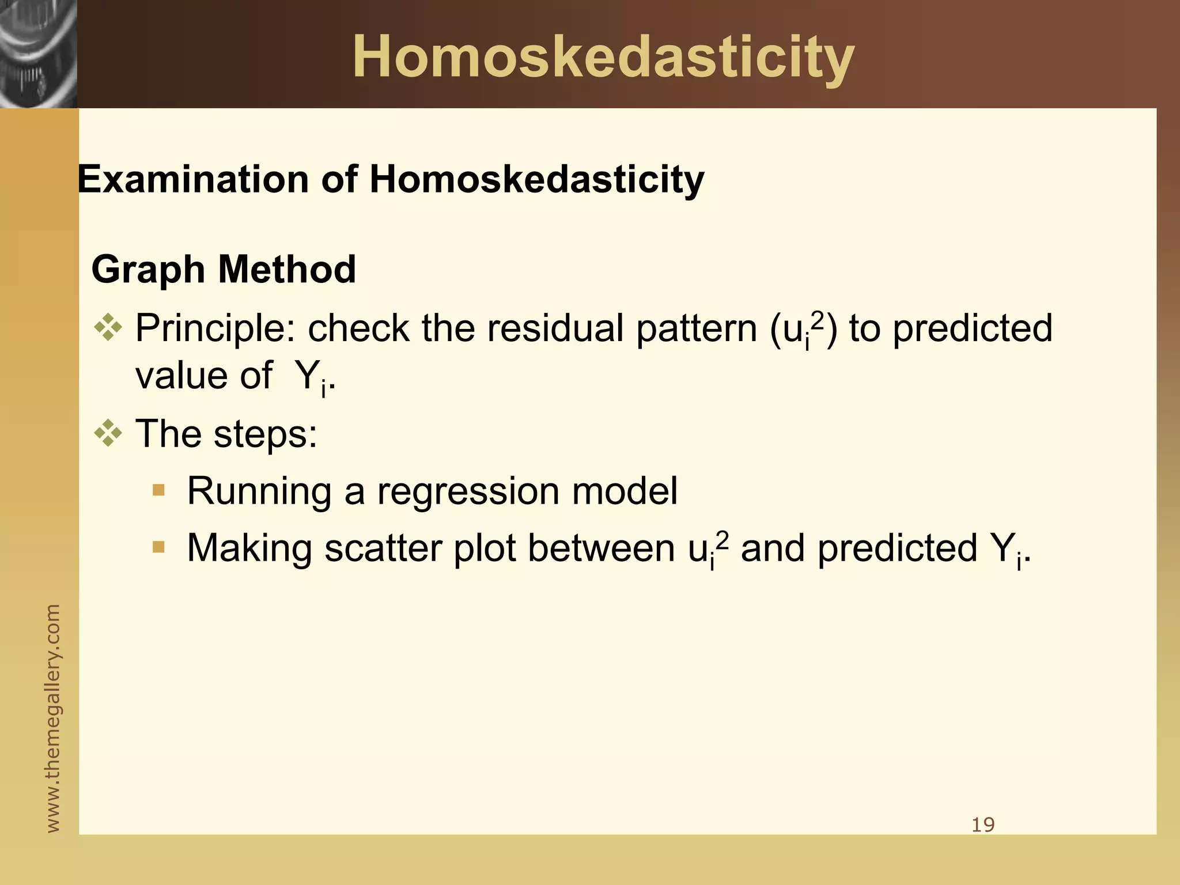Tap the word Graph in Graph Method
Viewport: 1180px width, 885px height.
pyautogui.click(x=148, y=270)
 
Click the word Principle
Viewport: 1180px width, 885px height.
pyautogui.click(x=215, y=329)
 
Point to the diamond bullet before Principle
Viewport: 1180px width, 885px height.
pyautogui.click(x=108, y=328)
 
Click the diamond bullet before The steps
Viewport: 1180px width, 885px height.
pyautogui.click(x=108, y=433)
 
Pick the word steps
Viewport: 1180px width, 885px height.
pyautogui.click(x=265, y=433)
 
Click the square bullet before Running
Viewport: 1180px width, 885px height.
pyautogui.click(x=158, y=490)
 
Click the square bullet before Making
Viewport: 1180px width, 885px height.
pyautogui.click(x=158, y=547)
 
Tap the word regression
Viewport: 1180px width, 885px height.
pyautogui.click(x=468, y=491)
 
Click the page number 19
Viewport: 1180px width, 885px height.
pyautogui.click(x=983, y=825)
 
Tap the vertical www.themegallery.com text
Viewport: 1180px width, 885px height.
pyautogui.click(x=52, y=718)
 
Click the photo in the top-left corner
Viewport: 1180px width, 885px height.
pyautogui.click(x=38, y=54)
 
